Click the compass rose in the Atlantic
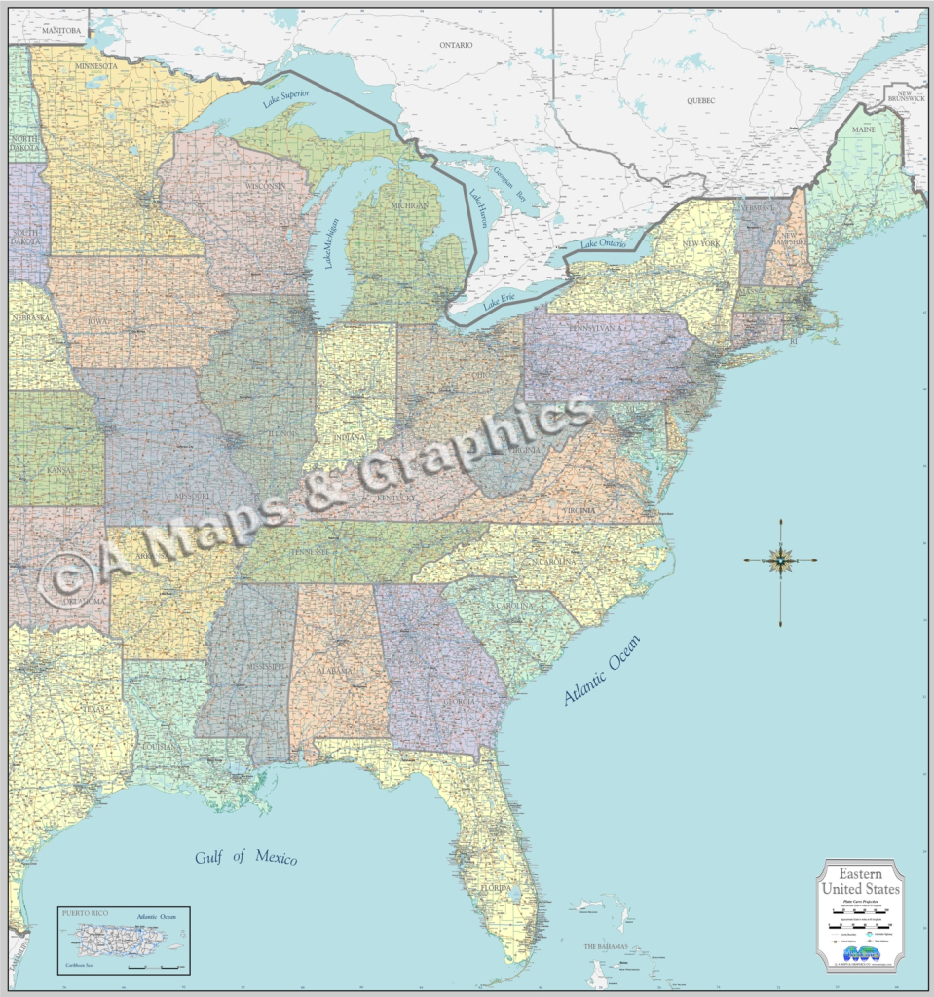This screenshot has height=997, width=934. [780, 560]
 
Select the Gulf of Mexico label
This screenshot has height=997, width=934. [245, 857]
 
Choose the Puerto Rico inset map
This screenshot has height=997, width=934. [123, 941]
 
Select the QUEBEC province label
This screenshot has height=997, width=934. [700, 100]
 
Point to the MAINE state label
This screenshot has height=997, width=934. [863, 129]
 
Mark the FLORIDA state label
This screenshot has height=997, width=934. [495, 888]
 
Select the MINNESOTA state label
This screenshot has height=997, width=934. [93, 66]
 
